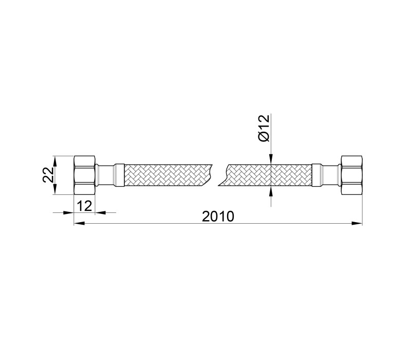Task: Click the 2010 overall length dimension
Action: click(x=217, y=217)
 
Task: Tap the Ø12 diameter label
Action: click(x=264, y=128)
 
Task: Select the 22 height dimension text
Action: click(x=48, y=175)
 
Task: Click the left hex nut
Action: click(x=84, y=175)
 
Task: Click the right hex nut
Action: click(x=352, y=175)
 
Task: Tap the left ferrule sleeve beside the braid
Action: click(x=119, y=175)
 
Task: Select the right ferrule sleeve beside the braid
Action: click(x=316, y=175)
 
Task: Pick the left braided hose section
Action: click(x=168, y=175)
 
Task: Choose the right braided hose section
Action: click(x=265, y=175)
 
